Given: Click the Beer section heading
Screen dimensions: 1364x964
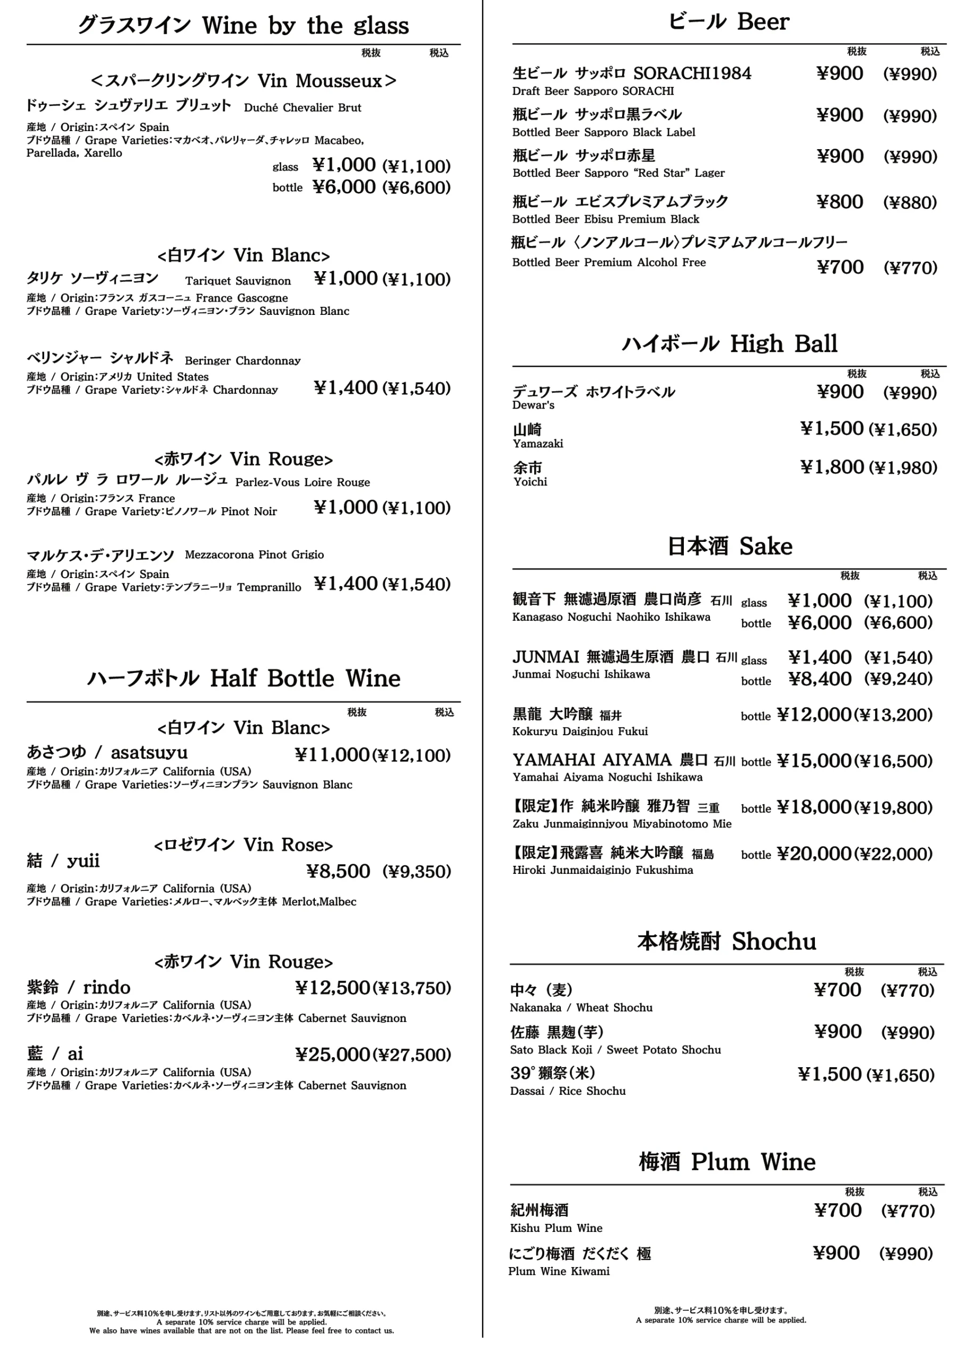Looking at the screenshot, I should [x=729, y=22].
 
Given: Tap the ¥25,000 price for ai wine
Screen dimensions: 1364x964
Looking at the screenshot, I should [x=333, y=1054].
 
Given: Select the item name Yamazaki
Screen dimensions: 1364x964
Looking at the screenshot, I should [x=538, y=444].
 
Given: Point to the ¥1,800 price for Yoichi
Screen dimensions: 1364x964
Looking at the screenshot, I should [x=831, y=467].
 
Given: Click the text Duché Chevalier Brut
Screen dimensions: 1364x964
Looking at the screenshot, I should [x=303, y=108].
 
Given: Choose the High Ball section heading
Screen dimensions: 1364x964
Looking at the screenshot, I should [x=729, y=344].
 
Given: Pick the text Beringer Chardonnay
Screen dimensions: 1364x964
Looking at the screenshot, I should [x=242, y=361].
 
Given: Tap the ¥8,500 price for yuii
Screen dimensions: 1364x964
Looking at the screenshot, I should [x=338, y=872].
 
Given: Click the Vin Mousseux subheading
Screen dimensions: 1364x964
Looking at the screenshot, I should [x=243, y=81].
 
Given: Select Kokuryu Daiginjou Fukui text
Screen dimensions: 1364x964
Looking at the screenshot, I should [x=579, y=732].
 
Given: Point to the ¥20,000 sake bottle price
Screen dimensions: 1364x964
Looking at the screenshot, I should [x=814, y=854].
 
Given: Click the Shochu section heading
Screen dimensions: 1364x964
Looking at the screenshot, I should [x=726, y=941].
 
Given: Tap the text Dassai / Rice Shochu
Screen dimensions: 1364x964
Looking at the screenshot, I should [x=568, y=1091].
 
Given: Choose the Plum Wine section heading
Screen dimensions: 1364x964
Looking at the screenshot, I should [x=727, y=1162].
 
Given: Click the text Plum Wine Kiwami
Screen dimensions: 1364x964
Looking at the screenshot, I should [x=559, y=1271].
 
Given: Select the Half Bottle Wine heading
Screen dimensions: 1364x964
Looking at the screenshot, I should [x=243, y=678].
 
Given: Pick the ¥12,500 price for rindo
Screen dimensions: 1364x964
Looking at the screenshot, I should [x=333, y=988].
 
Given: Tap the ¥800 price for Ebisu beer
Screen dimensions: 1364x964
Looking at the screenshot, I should [x=840, y=202].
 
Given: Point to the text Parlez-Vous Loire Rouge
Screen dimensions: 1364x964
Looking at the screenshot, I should [x=303, y=482].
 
